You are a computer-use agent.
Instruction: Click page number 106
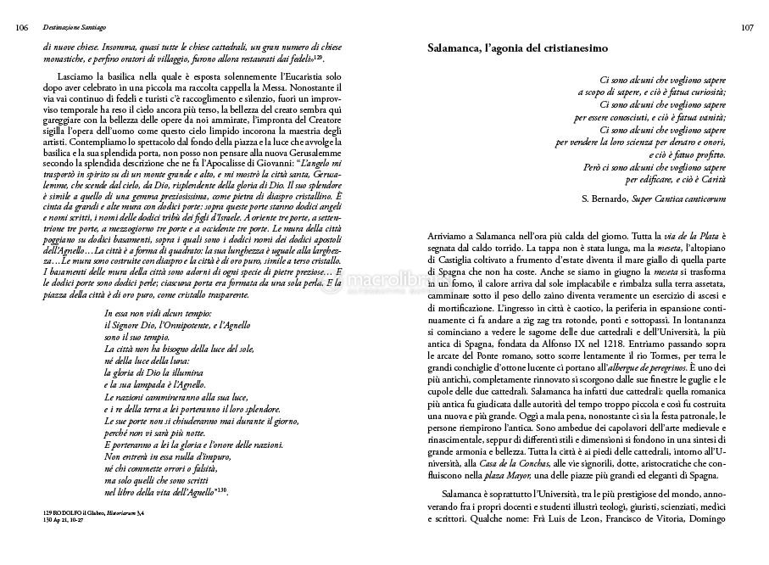(x=23, y=28)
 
